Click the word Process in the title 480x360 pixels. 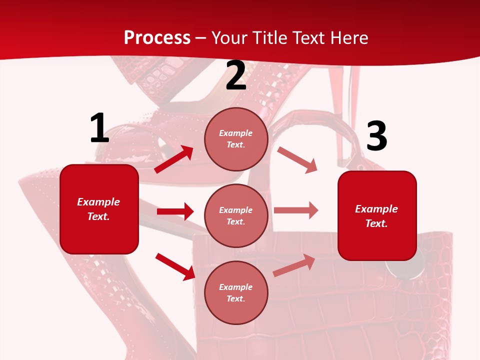pyautogui.click(x=157, y=37)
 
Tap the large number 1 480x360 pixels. pyautogui.click(x=99, y=128)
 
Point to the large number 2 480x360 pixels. pyautogui.click(x=236, y=75)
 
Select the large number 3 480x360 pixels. pyautogui.click(x=376, y=136)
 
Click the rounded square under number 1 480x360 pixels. pyautogui.click(x=99, y=209)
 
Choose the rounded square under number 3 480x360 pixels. pyautogui.click(x=377, y=215)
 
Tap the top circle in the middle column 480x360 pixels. pyautogui.click(x=236, y=139)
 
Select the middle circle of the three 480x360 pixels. pyautogui.click(x=236, y=215)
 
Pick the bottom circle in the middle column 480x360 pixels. pyautogui.click(x=236, y=292)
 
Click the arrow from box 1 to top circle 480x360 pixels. pyautogui.click(x=174, y=159)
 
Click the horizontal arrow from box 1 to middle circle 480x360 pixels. pyautogui.click(x=175, y=211)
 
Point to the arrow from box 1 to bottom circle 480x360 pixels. pyautogui.click(x=175, y=266)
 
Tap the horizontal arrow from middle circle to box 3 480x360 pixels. pyautogui.click(x=296, y=210)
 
